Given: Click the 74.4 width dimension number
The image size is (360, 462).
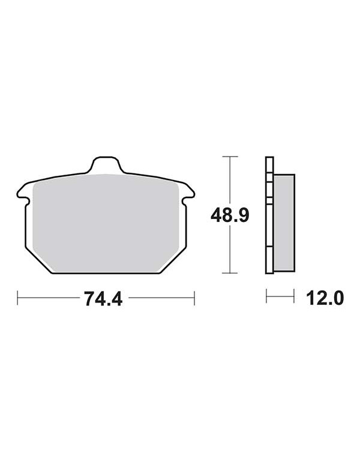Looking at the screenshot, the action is point(103,299).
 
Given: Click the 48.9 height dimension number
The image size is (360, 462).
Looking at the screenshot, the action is point(230,215).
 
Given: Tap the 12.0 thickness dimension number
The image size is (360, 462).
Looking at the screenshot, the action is point(325,298).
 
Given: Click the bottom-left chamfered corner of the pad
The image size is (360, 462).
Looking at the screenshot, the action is point(38,261).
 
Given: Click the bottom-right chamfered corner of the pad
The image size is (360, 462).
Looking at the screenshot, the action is point(173,261).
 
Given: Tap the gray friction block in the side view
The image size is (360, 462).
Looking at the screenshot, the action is point(284,223).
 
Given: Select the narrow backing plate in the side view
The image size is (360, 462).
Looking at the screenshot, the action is point(269,215).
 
